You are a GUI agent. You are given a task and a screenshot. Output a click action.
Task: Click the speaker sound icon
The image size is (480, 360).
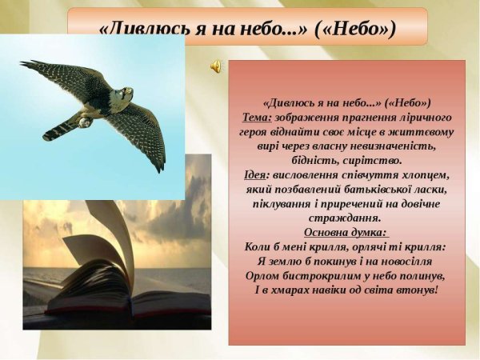click(x=217, y=67)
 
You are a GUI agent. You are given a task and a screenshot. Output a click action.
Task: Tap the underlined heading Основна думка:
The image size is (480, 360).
click(x=346, y=233)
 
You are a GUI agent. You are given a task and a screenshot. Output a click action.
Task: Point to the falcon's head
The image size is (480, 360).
click(x=126, y=95)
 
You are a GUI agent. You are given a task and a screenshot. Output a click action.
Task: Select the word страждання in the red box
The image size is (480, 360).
click(x=345, y=218)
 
